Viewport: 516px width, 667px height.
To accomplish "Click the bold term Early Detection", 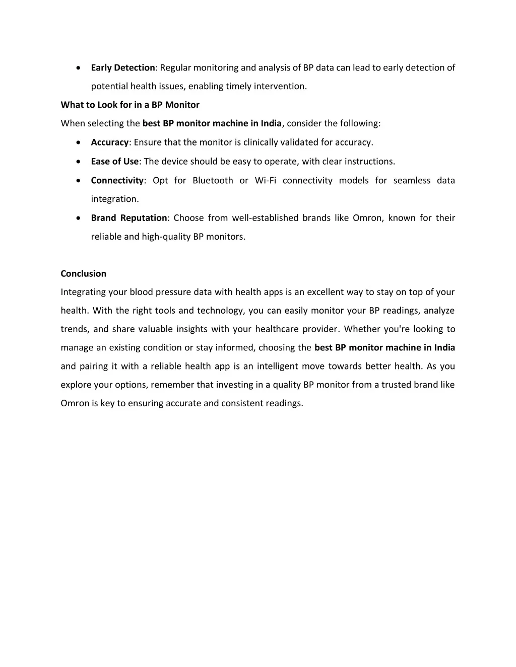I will (123, 67).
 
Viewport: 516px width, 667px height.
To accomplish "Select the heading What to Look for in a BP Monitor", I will (130, 105).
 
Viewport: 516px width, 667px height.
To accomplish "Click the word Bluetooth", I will (213, 180).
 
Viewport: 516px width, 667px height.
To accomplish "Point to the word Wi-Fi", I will (266, 180).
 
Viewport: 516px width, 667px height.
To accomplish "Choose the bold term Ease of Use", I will (114, 161).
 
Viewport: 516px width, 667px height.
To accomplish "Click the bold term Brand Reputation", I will (129, 217).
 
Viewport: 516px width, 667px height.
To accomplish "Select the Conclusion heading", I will (84, 273).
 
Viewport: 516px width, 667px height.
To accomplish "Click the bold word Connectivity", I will (117, 180).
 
